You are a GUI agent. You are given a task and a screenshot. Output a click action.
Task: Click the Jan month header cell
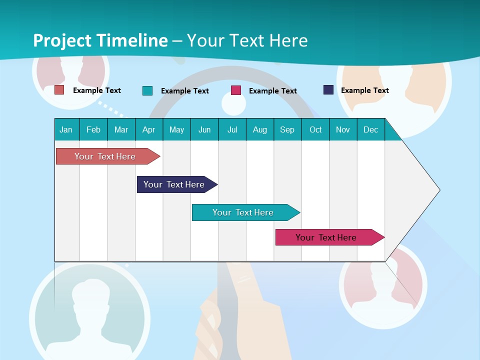point(66,129)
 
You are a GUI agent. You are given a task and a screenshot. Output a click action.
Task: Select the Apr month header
point(149,129)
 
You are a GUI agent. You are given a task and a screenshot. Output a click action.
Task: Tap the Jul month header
point(232,129)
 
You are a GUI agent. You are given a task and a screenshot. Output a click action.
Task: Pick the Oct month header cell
point(315,129)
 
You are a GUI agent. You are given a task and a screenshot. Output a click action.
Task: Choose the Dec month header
point(371,129)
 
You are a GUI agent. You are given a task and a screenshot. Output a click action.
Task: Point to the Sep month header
point(287,129)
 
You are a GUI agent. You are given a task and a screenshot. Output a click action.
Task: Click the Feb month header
point(93,129)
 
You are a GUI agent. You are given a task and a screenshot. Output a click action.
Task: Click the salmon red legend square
point(59,90)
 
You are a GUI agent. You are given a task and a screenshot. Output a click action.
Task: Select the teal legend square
point(147,90)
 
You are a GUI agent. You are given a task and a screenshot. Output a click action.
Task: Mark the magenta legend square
point(236,90)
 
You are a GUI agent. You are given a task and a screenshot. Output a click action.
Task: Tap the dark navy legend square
point(328,90)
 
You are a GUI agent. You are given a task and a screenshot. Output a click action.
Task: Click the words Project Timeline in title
point(100,40)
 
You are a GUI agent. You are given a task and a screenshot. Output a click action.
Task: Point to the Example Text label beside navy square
point(364,90)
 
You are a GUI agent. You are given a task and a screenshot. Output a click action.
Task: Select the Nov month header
point(343,129)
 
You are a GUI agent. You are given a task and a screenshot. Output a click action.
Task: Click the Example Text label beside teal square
point(185,91)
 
